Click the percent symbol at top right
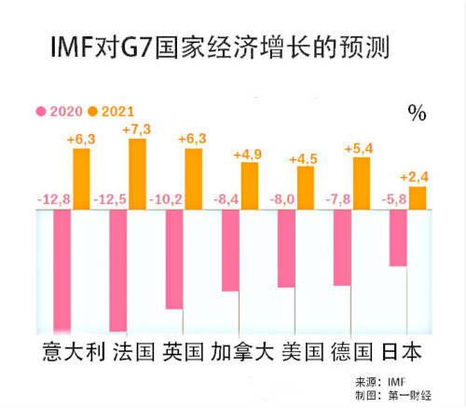tap(416, 114)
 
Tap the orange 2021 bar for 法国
tap(137, 173)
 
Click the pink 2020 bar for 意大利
tap(62, 270)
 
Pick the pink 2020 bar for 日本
tap(398, 238)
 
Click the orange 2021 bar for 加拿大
tap(250, 185)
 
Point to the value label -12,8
tap(55, 197)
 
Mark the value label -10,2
tap(167, 197)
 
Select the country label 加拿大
tap(243, 353)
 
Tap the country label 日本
tap(404, 353)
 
